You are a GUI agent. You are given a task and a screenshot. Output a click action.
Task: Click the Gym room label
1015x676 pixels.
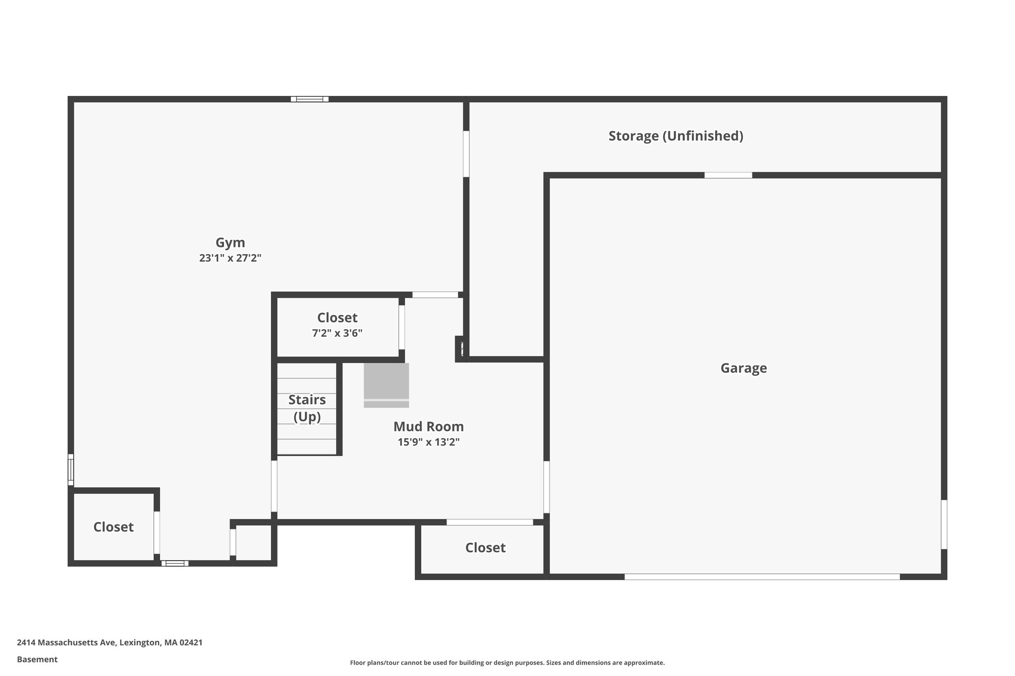coord(230,243)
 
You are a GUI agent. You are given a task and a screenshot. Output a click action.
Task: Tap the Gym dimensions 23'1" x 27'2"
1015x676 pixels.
coord(230,258)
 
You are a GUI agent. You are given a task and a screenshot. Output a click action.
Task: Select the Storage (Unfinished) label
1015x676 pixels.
coord(676,136)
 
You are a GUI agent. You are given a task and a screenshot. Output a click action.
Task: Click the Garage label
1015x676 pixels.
coord(743,368)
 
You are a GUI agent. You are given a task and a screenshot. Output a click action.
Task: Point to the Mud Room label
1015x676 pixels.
coord(428,426)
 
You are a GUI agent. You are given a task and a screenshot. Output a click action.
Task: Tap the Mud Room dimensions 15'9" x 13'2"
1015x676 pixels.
coord(428,442)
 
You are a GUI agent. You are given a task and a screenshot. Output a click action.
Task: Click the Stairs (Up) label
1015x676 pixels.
coord(307,408)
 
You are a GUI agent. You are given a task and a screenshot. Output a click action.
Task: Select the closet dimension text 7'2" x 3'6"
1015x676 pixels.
coord(337,333)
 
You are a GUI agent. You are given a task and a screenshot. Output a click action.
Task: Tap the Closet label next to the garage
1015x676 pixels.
coord(485,548)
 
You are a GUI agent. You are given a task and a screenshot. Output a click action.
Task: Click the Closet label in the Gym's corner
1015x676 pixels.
coord(113,527)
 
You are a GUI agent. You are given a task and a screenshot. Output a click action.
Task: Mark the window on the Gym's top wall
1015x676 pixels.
coord(309,99)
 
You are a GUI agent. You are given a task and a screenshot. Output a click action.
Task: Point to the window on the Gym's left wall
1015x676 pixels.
coord(71,469)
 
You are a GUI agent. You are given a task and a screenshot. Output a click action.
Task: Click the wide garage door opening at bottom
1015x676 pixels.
coord(762,576)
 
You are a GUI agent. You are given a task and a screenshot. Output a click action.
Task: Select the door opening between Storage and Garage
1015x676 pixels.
coord(728,175)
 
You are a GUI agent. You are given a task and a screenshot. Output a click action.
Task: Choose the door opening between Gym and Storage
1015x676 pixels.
coord(466,154)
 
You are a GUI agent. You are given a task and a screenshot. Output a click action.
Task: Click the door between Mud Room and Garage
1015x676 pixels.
coord(546,487)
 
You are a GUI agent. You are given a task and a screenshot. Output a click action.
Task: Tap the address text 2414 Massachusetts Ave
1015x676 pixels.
coord(110,642)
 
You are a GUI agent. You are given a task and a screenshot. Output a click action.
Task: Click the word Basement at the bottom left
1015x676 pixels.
coord(37,659)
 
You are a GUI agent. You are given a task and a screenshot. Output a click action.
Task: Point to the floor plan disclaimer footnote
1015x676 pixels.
coord(507,663)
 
